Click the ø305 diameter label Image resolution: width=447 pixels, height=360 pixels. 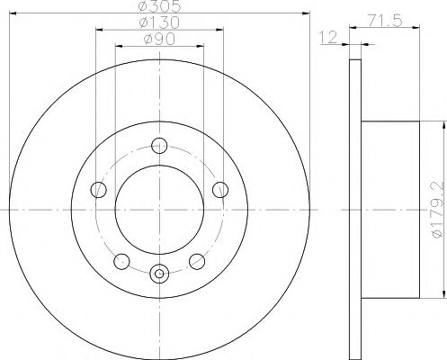point(160,6)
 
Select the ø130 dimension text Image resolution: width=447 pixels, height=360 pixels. point(159,22)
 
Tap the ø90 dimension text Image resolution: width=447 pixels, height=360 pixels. point(159,39)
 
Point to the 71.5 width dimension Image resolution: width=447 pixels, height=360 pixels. point(385,21)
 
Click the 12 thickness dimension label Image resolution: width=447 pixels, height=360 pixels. point(328,37)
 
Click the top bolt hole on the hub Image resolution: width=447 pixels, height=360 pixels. point(159,146)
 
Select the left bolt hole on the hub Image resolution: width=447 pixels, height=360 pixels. point(98,189)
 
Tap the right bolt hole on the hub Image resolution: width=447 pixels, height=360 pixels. point(220,190)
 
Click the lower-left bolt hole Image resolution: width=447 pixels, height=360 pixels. point(121,261)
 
